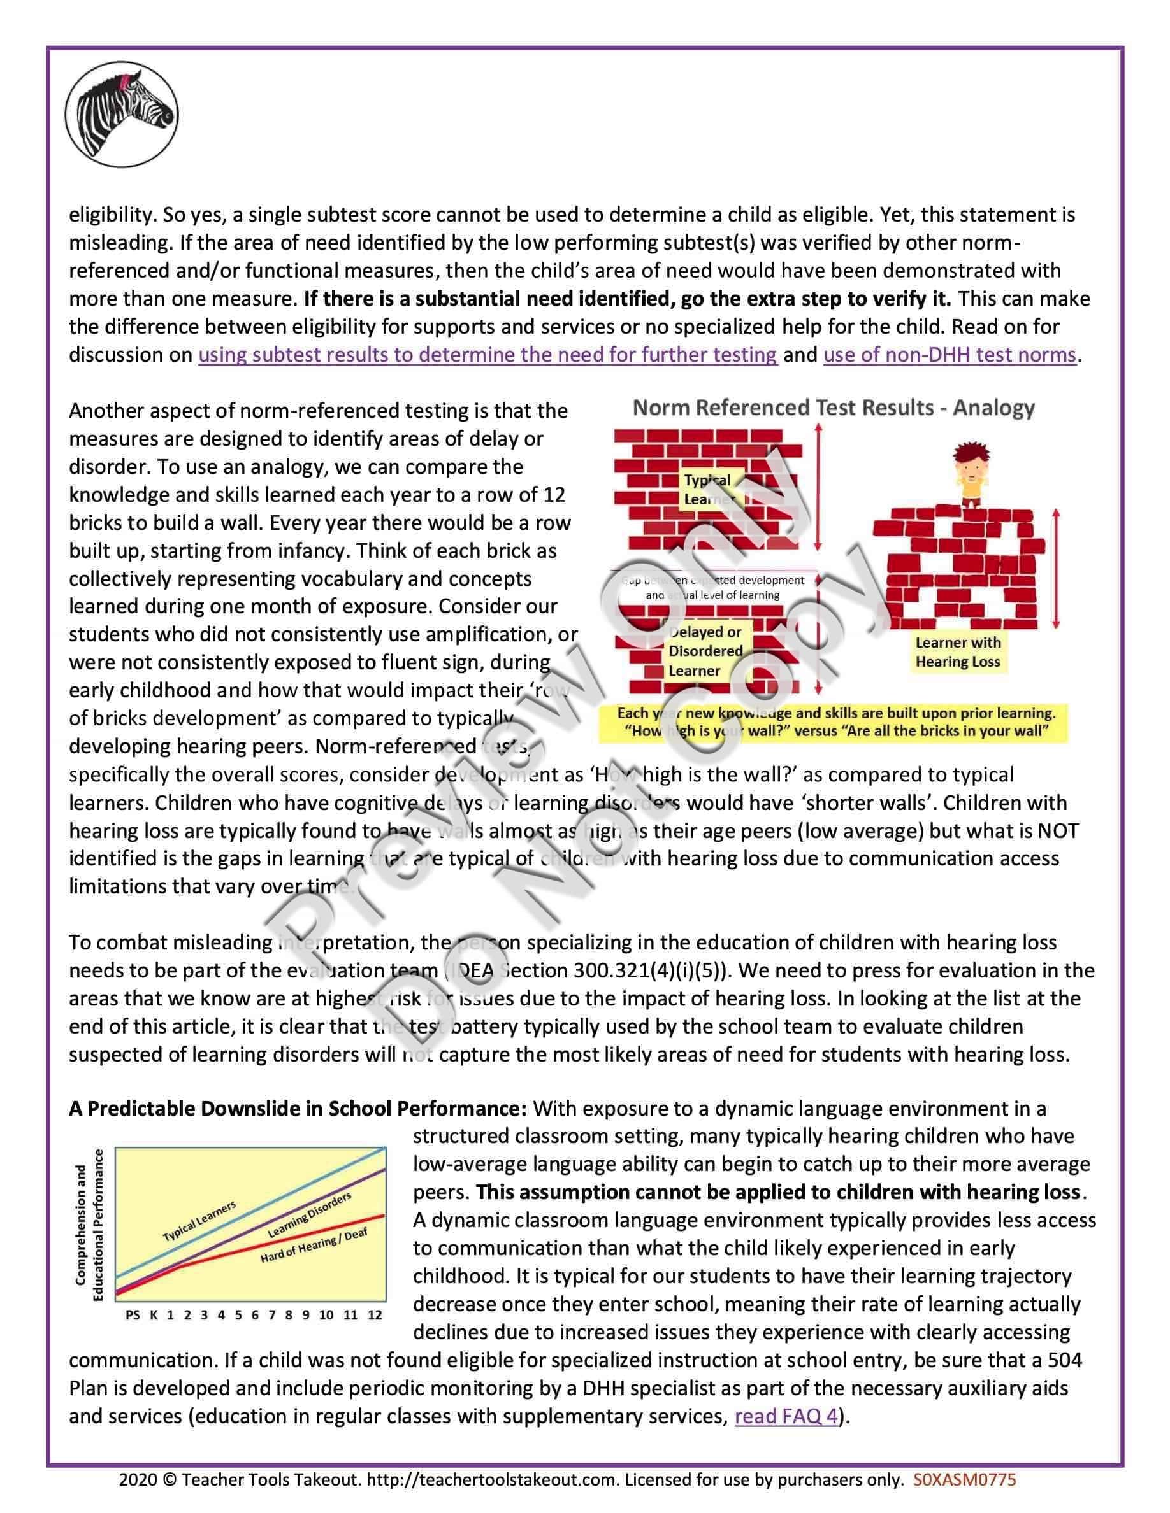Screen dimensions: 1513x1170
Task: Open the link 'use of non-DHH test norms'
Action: pos(949,355)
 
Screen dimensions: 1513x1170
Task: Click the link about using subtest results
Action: pos(487,355)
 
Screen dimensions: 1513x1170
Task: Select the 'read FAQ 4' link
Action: pos(786,1416)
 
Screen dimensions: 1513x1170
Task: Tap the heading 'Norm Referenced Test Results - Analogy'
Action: pos(833,408)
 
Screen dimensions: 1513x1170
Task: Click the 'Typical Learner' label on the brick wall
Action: pos(708,489)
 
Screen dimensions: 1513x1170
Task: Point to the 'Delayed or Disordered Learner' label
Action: pos(704,651)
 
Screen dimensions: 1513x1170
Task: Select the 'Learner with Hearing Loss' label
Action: pos(957,651)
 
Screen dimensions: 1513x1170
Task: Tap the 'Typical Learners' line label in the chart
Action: pos(199,1221)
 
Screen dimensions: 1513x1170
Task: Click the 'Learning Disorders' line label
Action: pos(309,1214)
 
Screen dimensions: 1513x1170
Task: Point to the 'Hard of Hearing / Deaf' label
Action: pos(314,1246)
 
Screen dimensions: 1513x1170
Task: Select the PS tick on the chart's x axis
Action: pos(133,1314)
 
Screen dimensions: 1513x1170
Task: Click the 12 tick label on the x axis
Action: pos(374,1314)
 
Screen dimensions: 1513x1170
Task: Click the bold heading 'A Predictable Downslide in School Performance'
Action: pos(298,1109)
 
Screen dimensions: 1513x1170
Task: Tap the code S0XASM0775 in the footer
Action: pos(964,1480)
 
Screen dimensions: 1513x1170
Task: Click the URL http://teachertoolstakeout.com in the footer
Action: pos(491,1480)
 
